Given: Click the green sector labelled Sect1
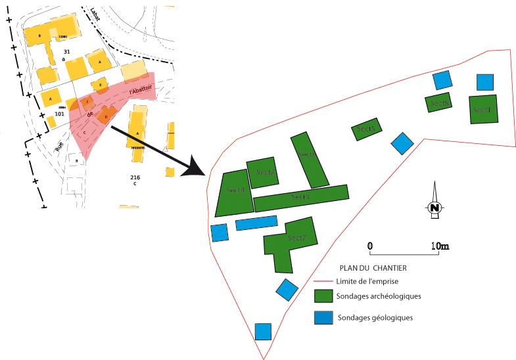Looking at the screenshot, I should (483, 109).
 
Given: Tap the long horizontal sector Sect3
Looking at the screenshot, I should (300, 198).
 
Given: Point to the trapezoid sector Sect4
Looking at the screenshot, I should (233, 192).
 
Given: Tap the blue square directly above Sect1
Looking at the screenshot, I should (485, 81).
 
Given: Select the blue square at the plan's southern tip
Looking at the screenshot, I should (263, 331).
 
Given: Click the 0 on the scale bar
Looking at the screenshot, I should (370, 246).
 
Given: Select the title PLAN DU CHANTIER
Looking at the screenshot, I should (373, 268).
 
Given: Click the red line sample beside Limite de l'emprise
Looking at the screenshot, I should (323, 281).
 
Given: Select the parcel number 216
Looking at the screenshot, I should (135, 177).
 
